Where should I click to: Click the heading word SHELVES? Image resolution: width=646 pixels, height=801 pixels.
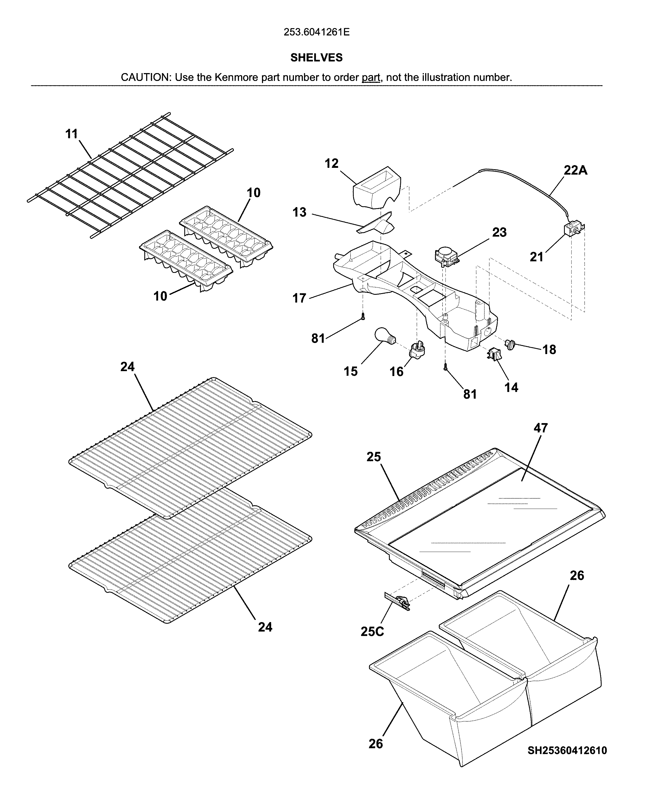click(x=316, y=57)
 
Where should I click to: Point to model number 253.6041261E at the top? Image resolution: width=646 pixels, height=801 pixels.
click(x=316, y=32)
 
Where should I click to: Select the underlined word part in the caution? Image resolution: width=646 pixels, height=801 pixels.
click(x=371, y=77)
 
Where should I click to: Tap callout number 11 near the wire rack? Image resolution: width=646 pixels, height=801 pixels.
click(x=71, y=134)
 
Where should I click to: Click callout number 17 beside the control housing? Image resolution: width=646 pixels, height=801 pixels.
click(x=299, y=298)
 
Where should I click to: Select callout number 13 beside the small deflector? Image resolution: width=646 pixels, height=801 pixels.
click(x=299, y=212)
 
